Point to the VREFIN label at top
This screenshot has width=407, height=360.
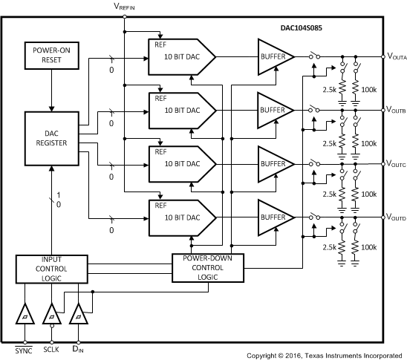(x=124, y=6)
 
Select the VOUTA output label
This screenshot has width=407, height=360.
(x=395, y=56)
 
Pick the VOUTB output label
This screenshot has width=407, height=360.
(x=395, y=110)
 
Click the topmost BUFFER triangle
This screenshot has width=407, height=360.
(x=272, y=56)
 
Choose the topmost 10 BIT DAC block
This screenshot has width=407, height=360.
(x=180, y=56)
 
